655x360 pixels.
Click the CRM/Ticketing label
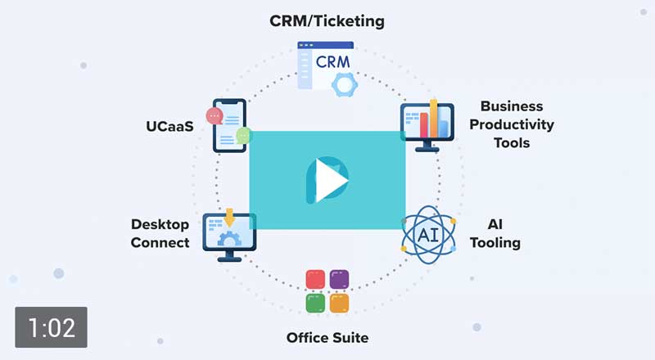(327, 21)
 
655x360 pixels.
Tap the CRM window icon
(324, 64)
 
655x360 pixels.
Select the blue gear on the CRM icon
(344, 83)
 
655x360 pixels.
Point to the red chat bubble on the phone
(215, 115)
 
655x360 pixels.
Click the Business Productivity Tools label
(517, 124)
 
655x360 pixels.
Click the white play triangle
(329, 177)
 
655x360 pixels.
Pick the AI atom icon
(427, 235)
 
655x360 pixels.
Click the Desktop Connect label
(160, 233)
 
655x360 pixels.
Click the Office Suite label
(327, 337)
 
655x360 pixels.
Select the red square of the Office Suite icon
(315, 279)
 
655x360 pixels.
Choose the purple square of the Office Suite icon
(339, 279)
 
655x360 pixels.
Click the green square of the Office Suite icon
(315, 303)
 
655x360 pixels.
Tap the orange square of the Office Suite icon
(339, 303)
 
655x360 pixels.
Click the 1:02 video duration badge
(51, 328)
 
